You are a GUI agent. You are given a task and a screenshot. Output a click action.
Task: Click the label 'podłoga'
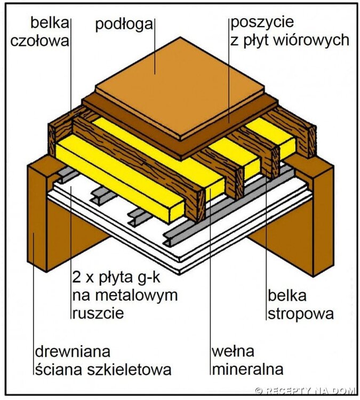click(125, 25)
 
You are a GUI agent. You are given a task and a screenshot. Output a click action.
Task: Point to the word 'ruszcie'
click(97, 312)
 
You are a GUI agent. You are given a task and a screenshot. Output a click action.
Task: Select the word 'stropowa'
click(300, 313)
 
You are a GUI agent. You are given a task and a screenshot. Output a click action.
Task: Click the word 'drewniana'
click(73, 352)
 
